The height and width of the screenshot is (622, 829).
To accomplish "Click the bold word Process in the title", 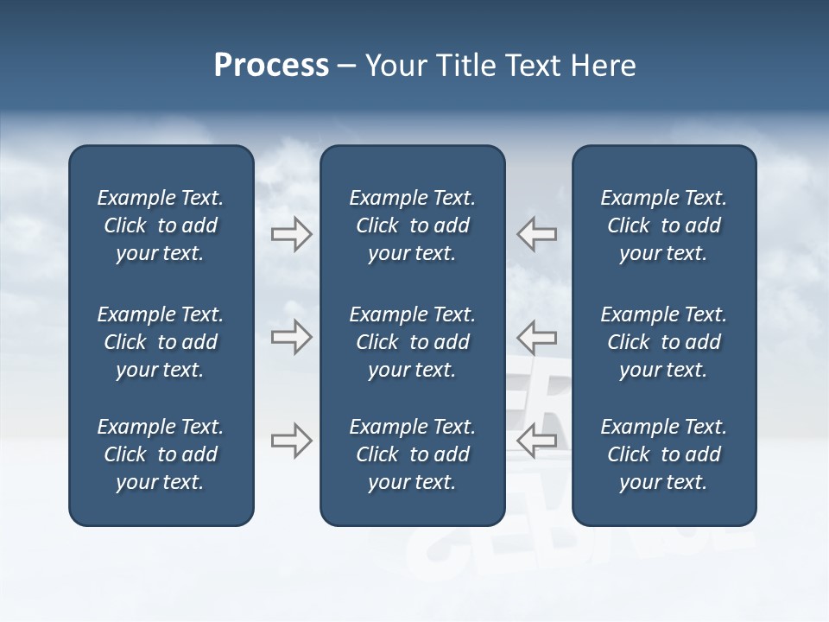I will (x=271, y=66).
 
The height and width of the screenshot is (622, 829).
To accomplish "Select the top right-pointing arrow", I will (x=292, y=234).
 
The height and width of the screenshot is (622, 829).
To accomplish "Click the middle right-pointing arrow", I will (x=292, y=337).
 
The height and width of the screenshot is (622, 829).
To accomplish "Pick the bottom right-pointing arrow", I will (x=292, y=441).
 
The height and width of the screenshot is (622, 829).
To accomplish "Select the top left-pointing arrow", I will (x=536, y=234).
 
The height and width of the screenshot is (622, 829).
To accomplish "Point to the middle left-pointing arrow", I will (x=536, y=337).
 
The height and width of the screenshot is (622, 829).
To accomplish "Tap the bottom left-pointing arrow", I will (x=536, y=441).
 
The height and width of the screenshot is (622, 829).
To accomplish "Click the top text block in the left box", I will (x=161, y=225).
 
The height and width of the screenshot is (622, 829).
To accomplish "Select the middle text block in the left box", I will (x=161, y=342).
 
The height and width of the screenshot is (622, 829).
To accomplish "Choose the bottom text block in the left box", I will (x=161, y=454).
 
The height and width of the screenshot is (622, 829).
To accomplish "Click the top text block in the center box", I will (x=412, y=225).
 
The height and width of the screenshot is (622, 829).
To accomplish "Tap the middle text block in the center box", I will (x=412, y=342).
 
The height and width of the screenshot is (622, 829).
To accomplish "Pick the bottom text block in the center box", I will (x=412, y=454).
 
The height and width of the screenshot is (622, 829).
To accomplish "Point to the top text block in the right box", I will (x=663, y=225).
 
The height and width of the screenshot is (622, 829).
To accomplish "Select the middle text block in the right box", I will (x=663, y=342).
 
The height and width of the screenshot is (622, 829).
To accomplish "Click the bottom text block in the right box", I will (x=663, y=454).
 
